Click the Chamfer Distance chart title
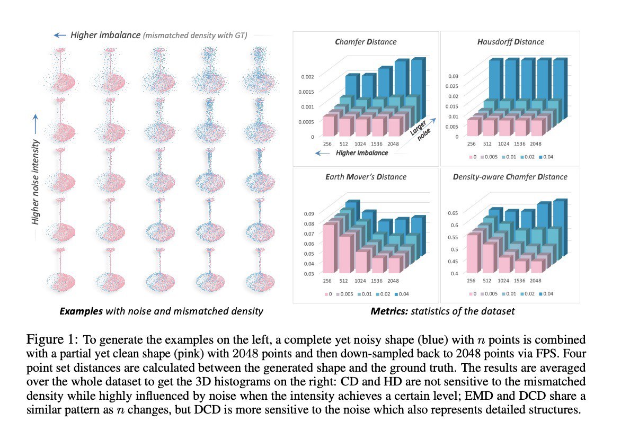(x=366, y=42)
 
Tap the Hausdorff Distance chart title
(x=510, y=42)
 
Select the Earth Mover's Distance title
(x=366, y=177)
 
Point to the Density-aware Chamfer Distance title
(x=510, y=177)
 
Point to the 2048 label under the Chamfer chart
(x=394, y=143)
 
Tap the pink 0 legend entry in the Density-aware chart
(x=472, y=294)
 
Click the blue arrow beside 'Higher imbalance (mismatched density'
(x=59, y=35)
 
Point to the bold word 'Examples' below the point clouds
(x=80, y=311)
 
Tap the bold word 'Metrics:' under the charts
(x=388, y=311)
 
